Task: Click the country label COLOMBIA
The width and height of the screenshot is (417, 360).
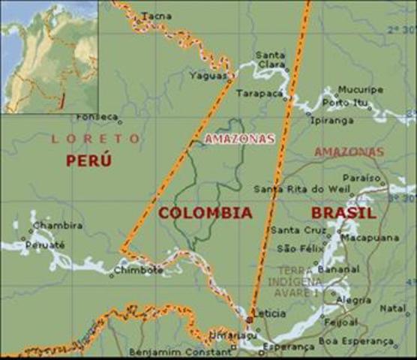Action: pyautogui.click(x=205, y=213)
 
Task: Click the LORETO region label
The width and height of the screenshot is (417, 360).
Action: pyautogui.click(x=95, y=139)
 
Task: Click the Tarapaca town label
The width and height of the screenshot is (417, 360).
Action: pyautogui.click(x=259, y=94)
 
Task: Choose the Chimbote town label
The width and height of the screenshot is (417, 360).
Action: pyautogui.click(x=136, y=271)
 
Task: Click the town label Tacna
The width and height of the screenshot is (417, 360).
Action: pyautogui.click(x=156, y=16)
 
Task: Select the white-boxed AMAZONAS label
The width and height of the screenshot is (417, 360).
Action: pyautogui.click(x=239, y=139)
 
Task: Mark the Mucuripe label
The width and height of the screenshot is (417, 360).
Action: pyautogui.click(x=360, y=90)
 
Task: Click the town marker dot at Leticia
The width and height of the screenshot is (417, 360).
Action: pyautogui.click(x=250, y=319)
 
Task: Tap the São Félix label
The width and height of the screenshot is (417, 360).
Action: pyautogui.click(x=298, y=247)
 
